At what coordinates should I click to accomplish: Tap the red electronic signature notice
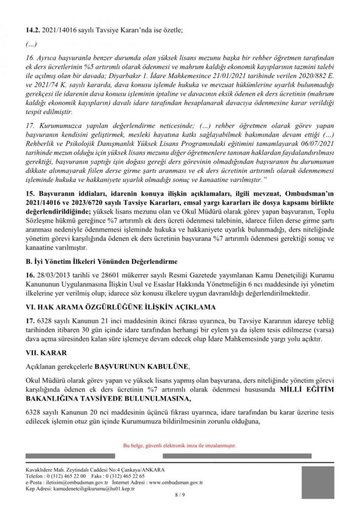[180, 445]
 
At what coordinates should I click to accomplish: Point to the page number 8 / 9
[179, 495]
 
